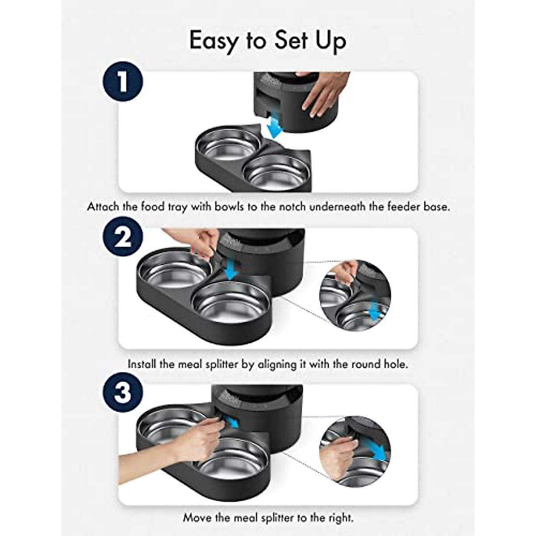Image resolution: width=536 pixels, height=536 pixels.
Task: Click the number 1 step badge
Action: coord(123,82)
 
